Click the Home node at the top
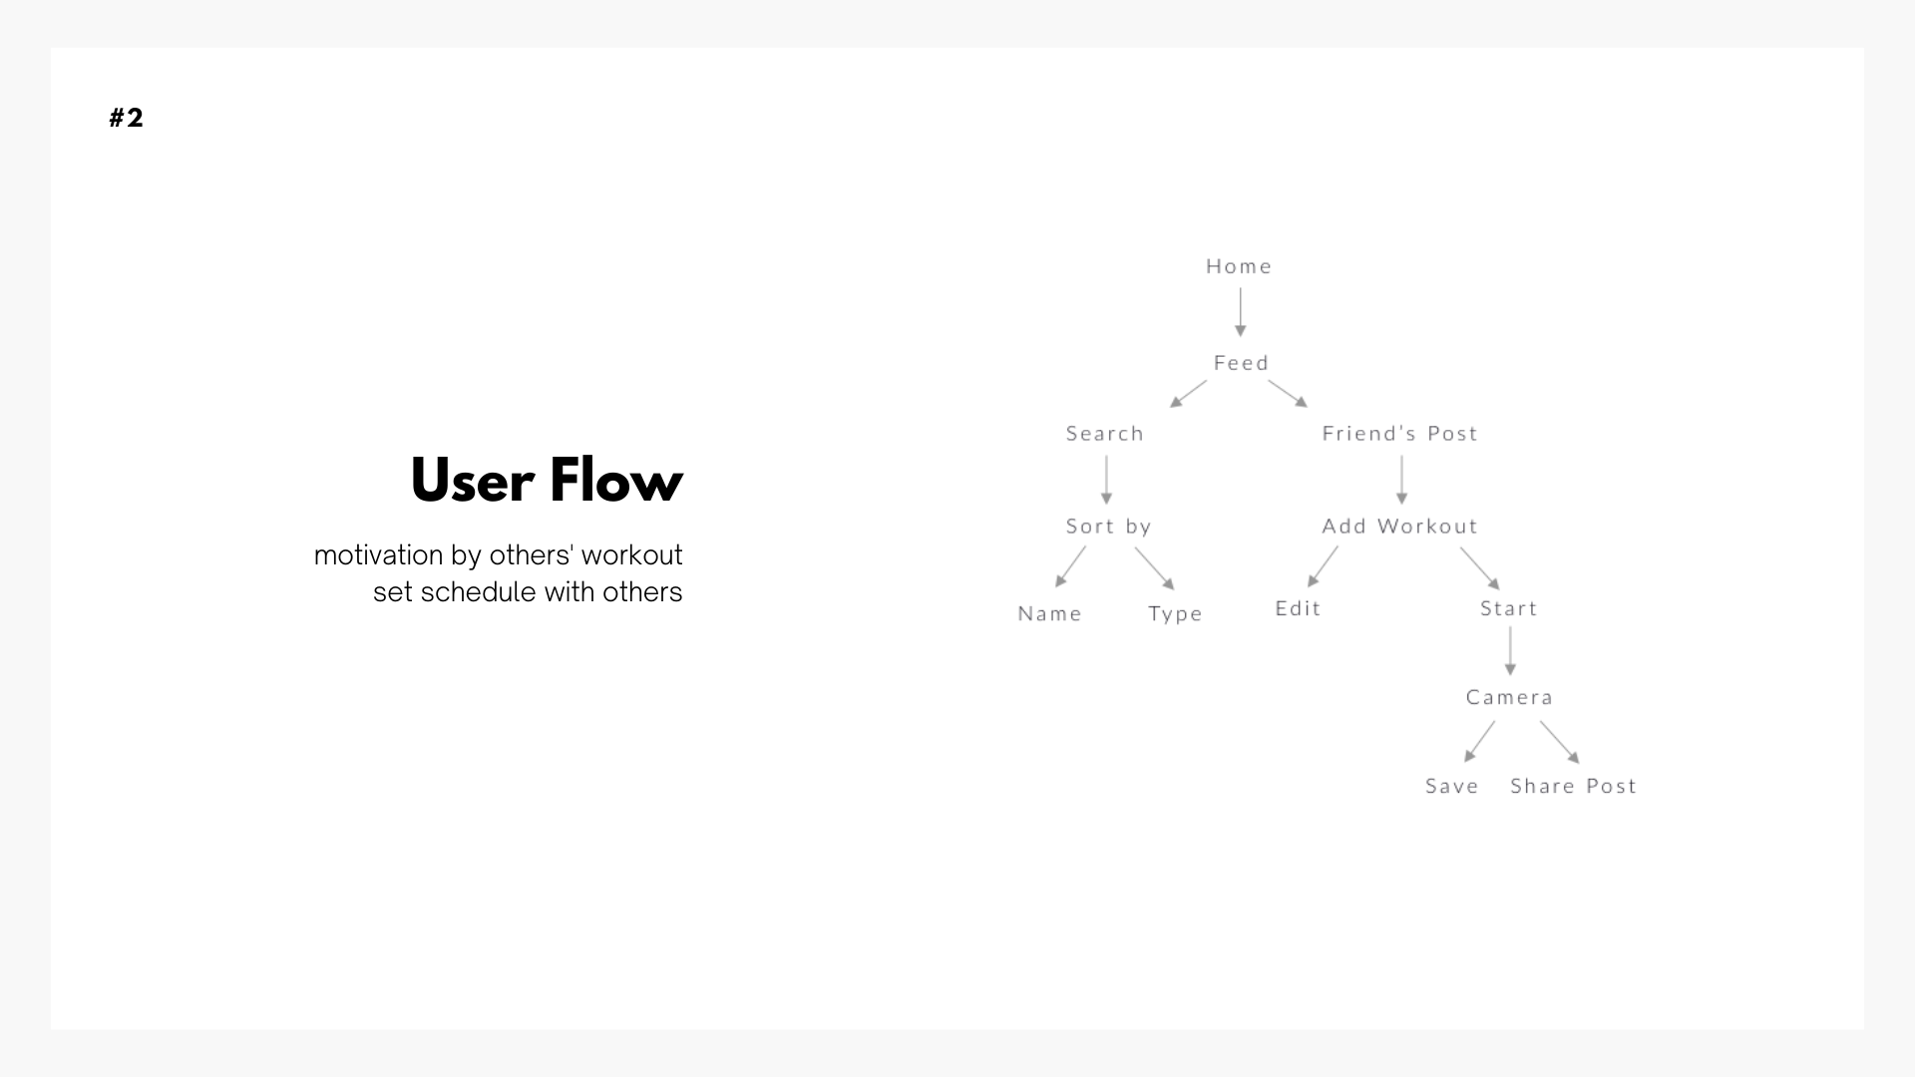(1239, 266)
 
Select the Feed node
(1241, 363)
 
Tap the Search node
(1105, 434)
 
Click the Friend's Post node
(1399, 434)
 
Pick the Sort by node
(1108, 527)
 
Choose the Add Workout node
(1399, 527)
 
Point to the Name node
(1049, 614)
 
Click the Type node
(1175, 614)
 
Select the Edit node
(1298, 608)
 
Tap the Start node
(1508, 608)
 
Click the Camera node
(1509, 697)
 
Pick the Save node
(1451, 786)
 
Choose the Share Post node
(1573, 786)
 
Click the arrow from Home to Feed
(1241, 312)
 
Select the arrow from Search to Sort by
(1106, 480)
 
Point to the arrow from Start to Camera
(1510, 651)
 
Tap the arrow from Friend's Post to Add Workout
(1401, 480)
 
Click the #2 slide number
(127, 118)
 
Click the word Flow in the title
(615, 481)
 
